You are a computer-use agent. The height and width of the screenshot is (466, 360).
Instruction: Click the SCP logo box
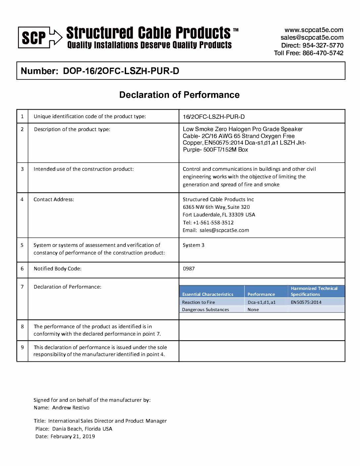(34, 37)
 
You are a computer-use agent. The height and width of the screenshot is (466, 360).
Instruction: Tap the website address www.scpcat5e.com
(314, 30)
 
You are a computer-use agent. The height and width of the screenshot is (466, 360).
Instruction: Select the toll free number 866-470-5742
(323, 53)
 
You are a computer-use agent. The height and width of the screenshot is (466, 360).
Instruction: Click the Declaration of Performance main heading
(179, 95)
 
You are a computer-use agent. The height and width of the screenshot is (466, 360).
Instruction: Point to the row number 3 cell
(22, 169)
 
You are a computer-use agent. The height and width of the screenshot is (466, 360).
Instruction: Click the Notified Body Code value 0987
(189, 269)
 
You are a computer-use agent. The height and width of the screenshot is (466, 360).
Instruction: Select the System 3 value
(194, 245)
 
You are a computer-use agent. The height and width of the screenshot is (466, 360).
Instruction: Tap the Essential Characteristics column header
(208, 294)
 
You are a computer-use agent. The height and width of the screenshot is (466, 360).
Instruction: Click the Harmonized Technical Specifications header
(314, 291)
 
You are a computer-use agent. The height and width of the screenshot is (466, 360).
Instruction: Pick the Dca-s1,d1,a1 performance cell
(261, 302)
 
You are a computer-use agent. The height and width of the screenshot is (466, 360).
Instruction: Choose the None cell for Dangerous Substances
(253, 310)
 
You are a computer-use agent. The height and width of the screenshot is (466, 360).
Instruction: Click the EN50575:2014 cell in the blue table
(306, 302)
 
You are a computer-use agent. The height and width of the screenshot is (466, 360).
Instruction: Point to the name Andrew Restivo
(71, 408)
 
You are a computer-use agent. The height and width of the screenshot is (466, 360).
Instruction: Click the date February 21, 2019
(73, 437)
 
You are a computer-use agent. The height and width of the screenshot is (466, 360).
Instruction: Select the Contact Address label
(54, 200)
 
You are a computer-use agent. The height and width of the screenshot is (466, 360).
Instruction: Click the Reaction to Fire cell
(199, 302)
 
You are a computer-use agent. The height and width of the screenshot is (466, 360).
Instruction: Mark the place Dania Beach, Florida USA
(82, 429)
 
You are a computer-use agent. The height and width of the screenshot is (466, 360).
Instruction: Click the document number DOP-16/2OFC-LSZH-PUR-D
(121, 71)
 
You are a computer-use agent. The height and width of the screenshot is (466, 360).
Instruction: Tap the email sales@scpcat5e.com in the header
(312, 38)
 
